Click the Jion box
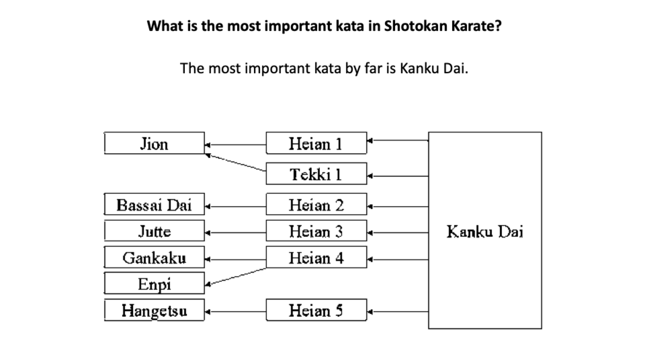click(x=154, y=143)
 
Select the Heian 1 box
click(x=316, y=143)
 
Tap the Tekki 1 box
click(x=316, y=174)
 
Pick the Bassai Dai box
click(x=154, y=204)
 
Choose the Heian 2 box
click(x=316, y=204)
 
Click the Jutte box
click(x=154, y=231)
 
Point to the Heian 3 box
click(x=316, y=231)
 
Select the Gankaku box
click(x=154, y=257)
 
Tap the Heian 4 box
click(x=316, y=257)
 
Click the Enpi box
click(x=154, y=283)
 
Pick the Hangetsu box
click(x=154, y=310)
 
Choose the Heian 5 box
click(x=316, y=310)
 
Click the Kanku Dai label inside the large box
click(x=485, y=232)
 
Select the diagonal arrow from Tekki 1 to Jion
click(x=235, y=163)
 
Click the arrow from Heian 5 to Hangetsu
click(x=235, y=312)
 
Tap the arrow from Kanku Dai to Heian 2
click(x=398, y=207)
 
